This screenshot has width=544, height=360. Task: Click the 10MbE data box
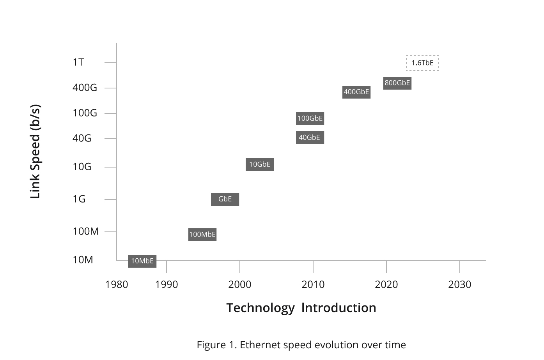[142, 261]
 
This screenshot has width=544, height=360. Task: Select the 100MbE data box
[202, 235]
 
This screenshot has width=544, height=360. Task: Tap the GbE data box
[225, 199]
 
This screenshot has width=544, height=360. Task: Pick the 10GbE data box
[260, 164]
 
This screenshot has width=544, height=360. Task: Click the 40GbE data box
[310, 138]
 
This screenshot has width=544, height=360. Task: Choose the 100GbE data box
[310, 118]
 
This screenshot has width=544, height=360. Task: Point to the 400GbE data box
[356, 92]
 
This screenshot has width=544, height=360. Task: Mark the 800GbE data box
[397, 83]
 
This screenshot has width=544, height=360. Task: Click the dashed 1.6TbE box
[422, 63]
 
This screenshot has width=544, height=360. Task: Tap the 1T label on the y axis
[78, 62]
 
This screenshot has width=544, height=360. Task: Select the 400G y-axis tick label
[85, 88]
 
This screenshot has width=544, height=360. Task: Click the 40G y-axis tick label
[82, 138]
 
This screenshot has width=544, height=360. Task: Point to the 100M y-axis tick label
[86, 231]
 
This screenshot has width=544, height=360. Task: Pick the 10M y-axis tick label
[83, 260]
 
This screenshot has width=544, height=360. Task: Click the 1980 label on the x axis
[117, 285]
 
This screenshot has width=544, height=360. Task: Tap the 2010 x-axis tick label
[313, 285]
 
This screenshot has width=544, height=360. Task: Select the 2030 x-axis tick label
[459, 285]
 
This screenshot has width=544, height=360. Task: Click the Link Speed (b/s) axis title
[35, 152]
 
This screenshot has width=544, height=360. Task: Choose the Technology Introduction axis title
[301, 308]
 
